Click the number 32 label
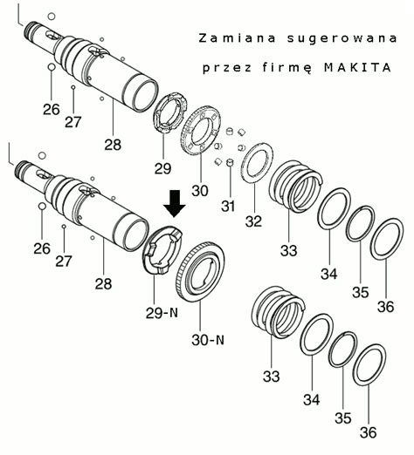(253, 221)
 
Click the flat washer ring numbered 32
(254, 162)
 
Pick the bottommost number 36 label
(368, 431)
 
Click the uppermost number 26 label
(52, 109)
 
